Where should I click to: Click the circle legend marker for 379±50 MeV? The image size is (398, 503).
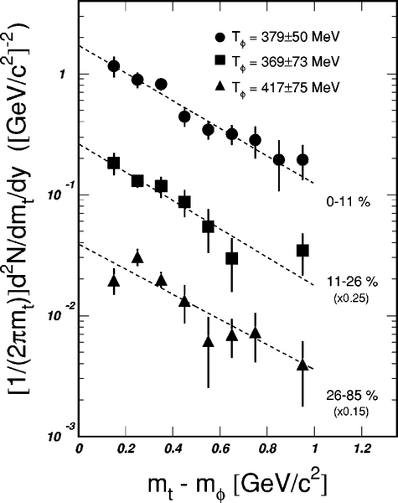[x=220, y=37]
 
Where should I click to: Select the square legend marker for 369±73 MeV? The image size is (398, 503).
[x=220, y=60]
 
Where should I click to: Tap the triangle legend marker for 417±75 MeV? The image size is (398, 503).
[x=220, y=86]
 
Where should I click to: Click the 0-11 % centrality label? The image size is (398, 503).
[x=348, y=202]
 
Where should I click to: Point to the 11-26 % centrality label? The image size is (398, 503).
[x=352, y=282]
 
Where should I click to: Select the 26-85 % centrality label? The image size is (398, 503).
[x=352, y=396]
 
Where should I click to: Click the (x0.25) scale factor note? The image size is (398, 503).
[x=351, y=298]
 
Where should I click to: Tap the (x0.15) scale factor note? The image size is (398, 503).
[x=351, y=412]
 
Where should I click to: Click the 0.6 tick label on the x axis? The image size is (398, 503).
[x=220, y=449]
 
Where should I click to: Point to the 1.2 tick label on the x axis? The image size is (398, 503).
[x=362, y=449]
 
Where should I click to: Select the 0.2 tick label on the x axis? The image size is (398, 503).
[x=126, y=449]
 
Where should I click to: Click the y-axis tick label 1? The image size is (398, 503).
[x=62, y=74]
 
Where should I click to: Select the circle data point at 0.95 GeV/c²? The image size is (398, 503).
[x=302, y=159]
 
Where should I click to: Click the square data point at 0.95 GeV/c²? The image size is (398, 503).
[x=302, y=250]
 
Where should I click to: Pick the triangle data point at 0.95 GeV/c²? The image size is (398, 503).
[x=302, y=365]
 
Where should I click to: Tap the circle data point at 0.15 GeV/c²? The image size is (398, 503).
[x=114, y=66]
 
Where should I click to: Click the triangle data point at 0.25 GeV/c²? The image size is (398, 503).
[x=137, y=257]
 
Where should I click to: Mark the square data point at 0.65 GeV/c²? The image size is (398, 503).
[x=232, y=258]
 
